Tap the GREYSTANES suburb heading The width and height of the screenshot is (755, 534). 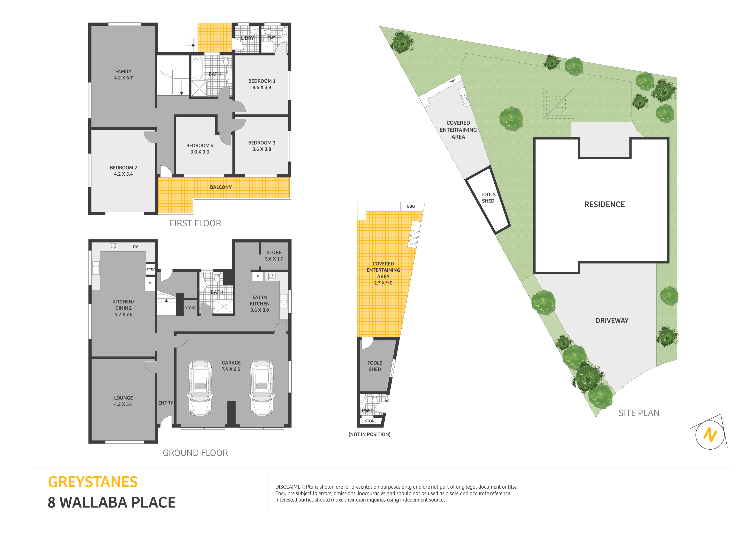(x=93, y=482)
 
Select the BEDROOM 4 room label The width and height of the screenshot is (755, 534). (x=200, y=145)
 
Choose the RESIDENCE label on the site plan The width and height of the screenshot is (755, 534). (x=604, y=204)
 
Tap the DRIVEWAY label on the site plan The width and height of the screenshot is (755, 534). (x=612, y=320)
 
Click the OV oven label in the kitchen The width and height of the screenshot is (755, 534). (x=135, y=246)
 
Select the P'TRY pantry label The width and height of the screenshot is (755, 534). (x=150, y=269)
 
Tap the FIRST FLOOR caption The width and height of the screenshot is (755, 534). (x=195, y=224)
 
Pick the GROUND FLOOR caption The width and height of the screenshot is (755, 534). (x=195, y=453)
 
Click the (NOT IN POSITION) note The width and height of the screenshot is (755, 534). (x=369, y=434)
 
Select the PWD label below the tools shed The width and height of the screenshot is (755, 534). (x=367, y=411)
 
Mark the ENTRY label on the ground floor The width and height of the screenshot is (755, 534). (x=166, y=403)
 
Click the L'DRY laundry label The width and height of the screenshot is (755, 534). (x=247, y=38)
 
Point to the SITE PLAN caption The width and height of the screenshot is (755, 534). (x=639, y=413)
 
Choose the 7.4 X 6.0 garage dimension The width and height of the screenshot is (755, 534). (x=231, y=369)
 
